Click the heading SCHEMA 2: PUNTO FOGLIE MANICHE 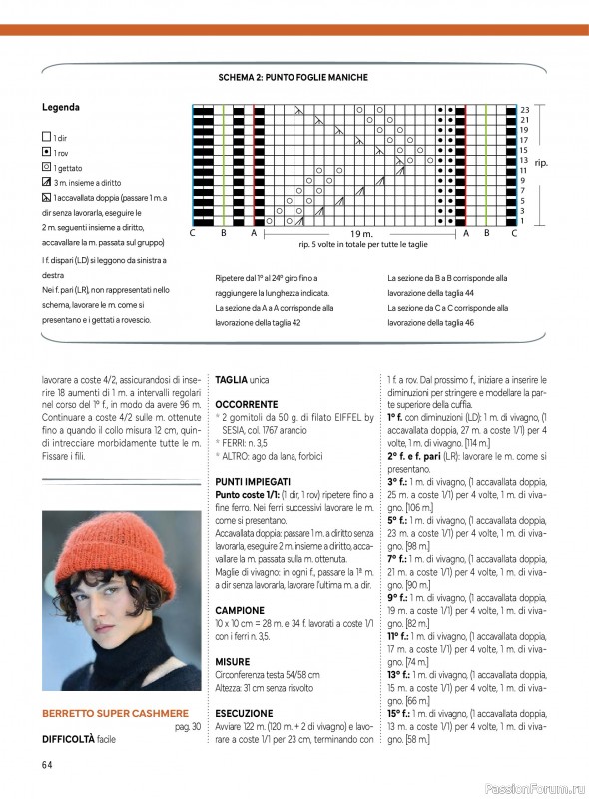pos(294,77)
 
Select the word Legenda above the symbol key pos(61,106)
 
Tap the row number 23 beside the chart pos(524,109)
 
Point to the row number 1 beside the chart pos(523,221)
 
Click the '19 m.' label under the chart pos(360,233)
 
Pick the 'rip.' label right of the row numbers pos(541,162)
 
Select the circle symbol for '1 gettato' pos(46,169)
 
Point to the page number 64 pos(47,765)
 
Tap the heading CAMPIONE pos(240,609)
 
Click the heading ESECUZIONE pos(245,715)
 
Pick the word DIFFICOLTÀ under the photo pos(69,740)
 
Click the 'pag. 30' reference pos(188,726)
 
